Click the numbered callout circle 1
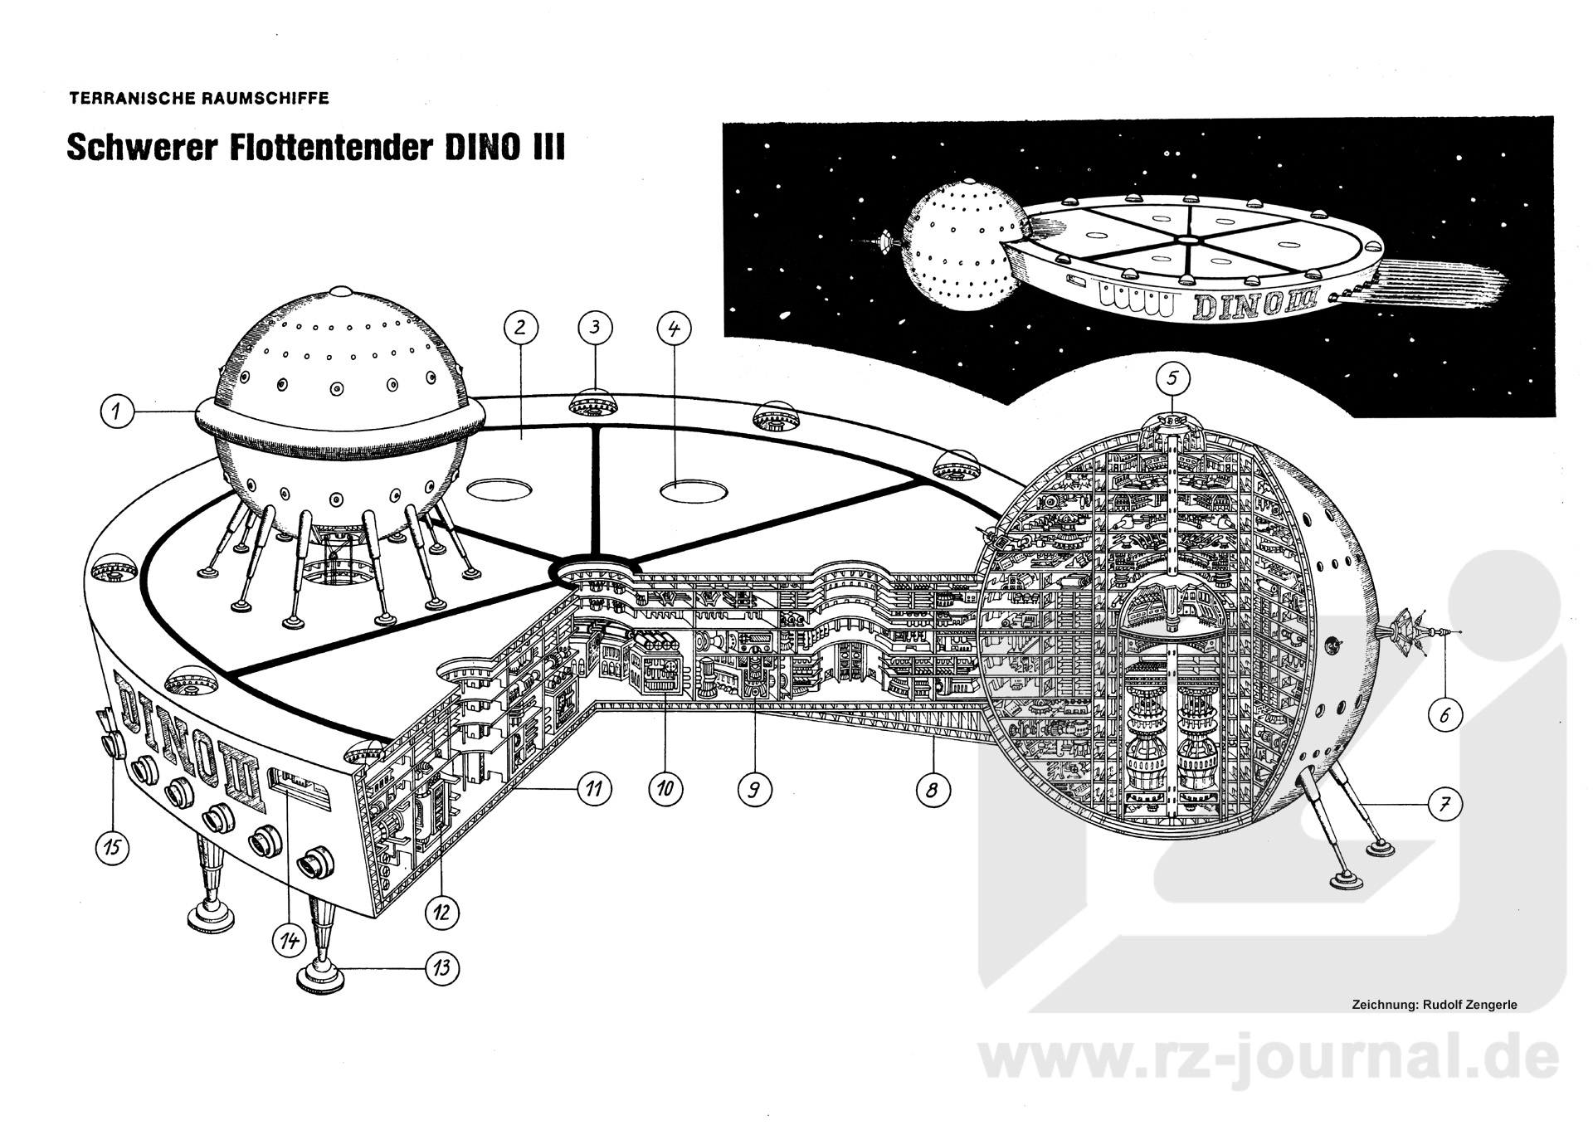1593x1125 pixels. click(117, 412)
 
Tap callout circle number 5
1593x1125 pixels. click(1172, 379)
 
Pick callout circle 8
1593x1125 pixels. click(932, 790)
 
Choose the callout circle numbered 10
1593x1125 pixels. click(665, 788)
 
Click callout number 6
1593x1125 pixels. click(1444, 716)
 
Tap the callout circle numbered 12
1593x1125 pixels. click(441, 913)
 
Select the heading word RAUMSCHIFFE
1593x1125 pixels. click(265, 99)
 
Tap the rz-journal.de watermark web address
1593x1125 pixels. click(1269, 1059)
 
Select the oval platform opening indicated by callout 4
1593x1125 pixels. click(694, 490)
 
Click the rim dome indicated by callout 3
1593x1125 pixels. click(595, 403)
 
